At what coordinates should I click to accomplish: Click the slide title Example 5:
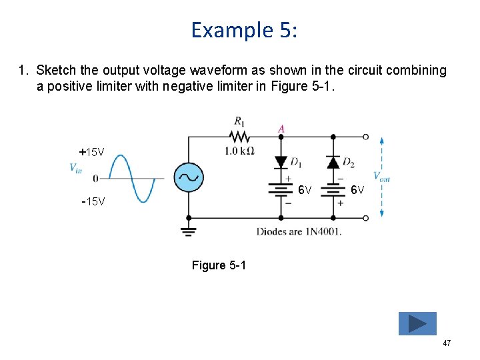(244, 30)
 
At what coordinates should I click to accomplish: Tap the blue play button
(417, 323)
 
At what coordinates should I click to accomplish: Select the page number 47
(447, 343)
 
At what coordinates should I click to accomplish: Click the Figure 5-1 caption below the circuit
(219, 265)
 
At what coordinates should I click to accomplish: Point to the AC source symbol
(189, 177)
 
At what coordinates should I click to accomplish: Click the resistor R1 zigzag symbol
(239, 137)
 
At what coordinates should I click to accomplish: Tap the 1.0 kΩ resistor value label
(239, 151)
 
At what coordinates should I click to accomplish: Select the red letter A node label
(281, 128)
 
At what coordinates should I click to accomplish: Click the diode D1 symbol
(281, 162)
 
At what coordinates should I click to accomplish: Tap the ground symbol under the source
(189, 231)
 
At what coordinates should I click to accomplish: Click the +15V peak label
(92, 152)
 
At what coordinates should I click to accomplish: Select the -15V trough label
(93, 201)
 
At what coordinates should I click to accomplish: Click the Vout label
(382, 177)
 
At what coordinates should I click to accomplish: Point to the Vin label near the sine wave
(75, 168)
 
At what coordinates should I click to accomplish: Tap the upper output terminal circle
(365, 137)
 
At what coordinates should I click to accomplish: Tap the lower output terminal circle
(365, 218)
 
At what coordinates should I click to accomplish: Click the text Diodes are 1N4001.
(299, 231)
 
